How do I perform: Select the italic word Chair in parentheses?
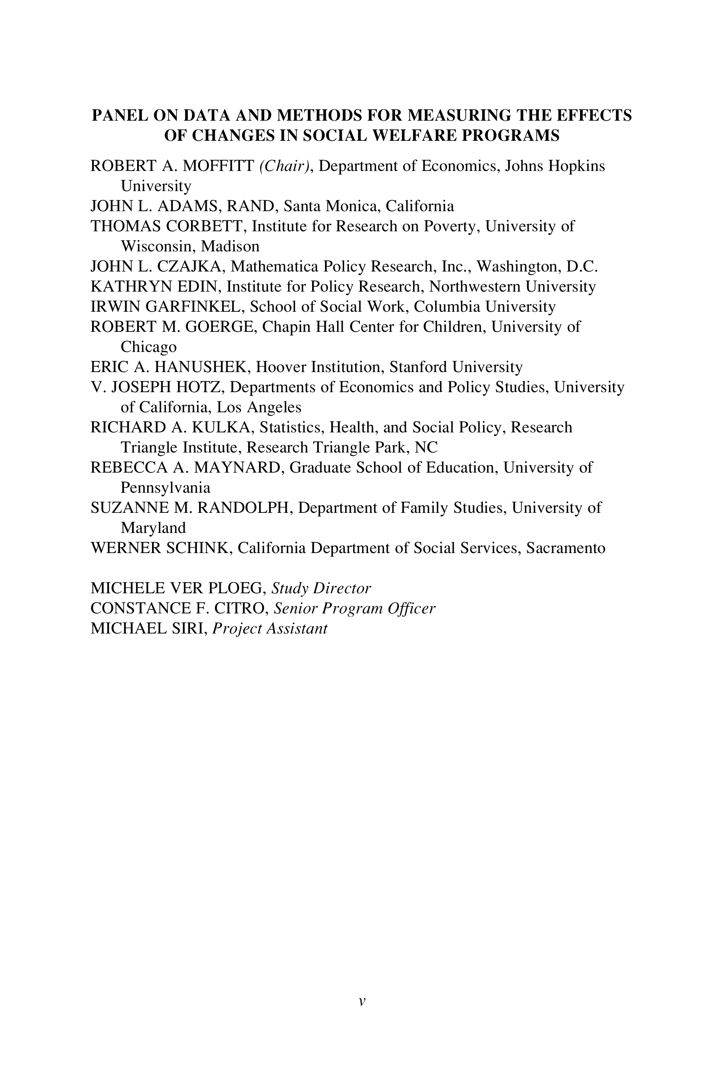pos(284,166)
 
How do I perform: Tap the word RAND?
pos(252,206)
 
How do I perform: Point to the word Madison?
pos(230,246)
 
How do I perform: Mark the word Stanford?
pos(418,367)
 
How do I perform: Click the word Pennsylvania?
pos(165,487)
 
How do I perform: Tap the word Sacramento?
pos(566,548)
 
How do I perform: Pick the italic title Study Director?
pos(321,588)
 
